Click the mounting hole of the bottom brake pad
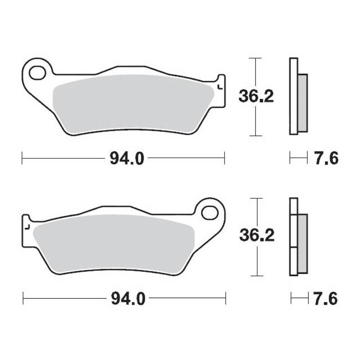[x=210, y=211]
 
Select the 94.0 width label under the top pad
[x=123, y=158]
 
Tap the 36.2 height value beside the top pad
[x=256, y=97]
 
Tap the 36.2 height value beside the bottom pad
[x=256, y=237]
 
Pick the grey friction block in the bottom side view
[x=302, y=243]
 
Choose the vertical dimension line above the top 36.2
[x=256, y=72]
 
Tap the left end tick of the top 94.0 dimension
[x=22, y=158]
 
